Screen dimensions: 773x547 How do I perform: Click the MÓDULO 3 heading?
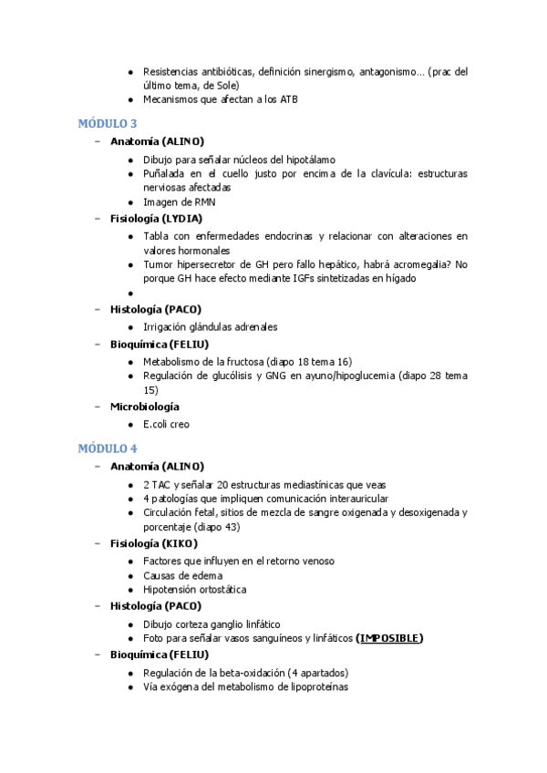(x=107, y=123)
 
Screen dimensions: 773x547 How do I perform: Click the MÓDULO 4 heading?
(x=107, y=448)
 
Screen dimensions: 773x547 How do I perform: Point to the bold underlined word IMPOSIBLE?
(x=389, y=638)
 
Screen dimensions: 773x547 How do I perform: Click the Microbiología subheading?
(x=144, y=407)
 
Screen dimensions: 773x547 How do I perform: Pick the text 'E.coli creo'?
(x=166, y=424)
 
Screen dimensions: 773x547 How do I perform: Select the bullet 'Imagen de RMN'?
(x=180, y=202)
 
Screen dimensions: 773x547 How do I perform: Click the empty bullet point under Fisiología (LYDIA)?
(x=132, y=294)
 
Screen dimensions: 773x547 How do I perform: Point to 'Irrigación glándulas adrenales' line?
(x=210, y=327)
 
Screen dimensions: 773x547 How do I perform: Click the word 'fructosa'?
(x=236, y=362)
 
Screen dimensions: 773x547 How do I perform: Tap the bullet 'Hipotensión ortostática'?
(x=194, y=591)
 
